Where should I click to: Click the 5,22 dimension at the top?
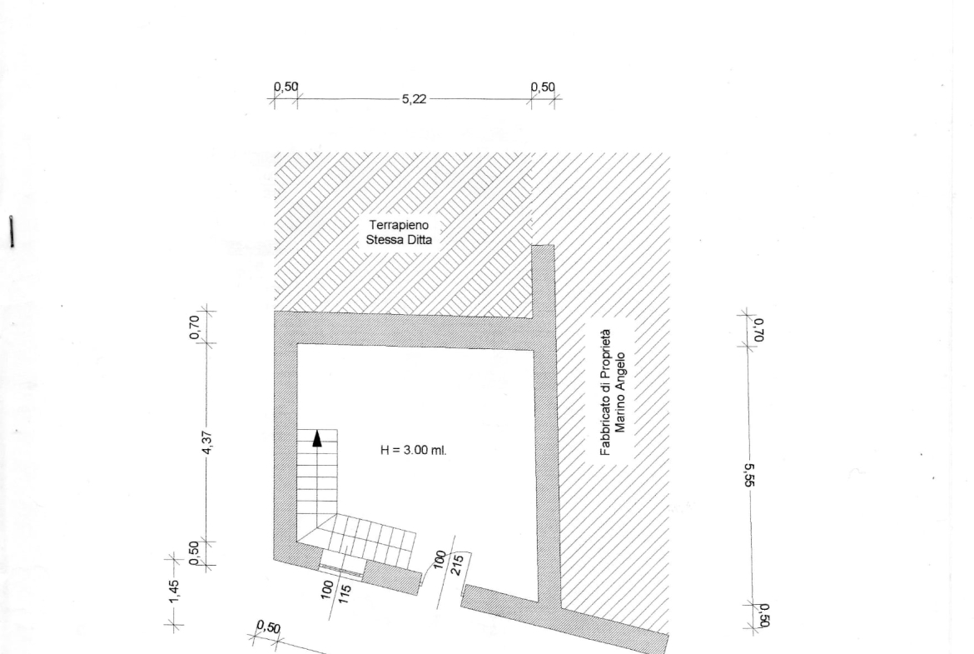415,99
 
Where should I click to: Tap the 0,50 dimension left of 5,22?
286,87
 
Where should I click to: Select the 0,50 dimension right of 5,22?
543,87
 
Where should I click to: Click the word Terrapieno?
399,225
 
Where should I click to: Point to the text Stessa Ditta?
399,240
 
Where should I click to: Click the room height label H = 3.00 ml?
413,450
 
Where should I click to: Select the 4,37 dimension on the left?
207,442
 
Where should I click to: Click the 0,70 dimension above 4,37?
195,327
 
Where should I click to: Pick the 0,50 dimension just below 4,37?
195,552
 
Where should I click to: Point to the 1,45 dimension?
174,592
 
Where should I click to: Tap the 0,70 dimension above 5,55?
758,329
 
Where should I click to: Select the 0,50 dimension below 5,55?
764,616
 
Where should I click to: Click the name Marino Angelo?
620,392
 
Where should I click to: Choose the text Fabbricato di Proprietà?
606,392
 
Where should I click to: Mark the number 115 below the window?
345,594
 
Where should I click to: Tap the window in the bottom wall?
341,567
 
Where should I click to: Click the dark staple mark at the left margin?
11,232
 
